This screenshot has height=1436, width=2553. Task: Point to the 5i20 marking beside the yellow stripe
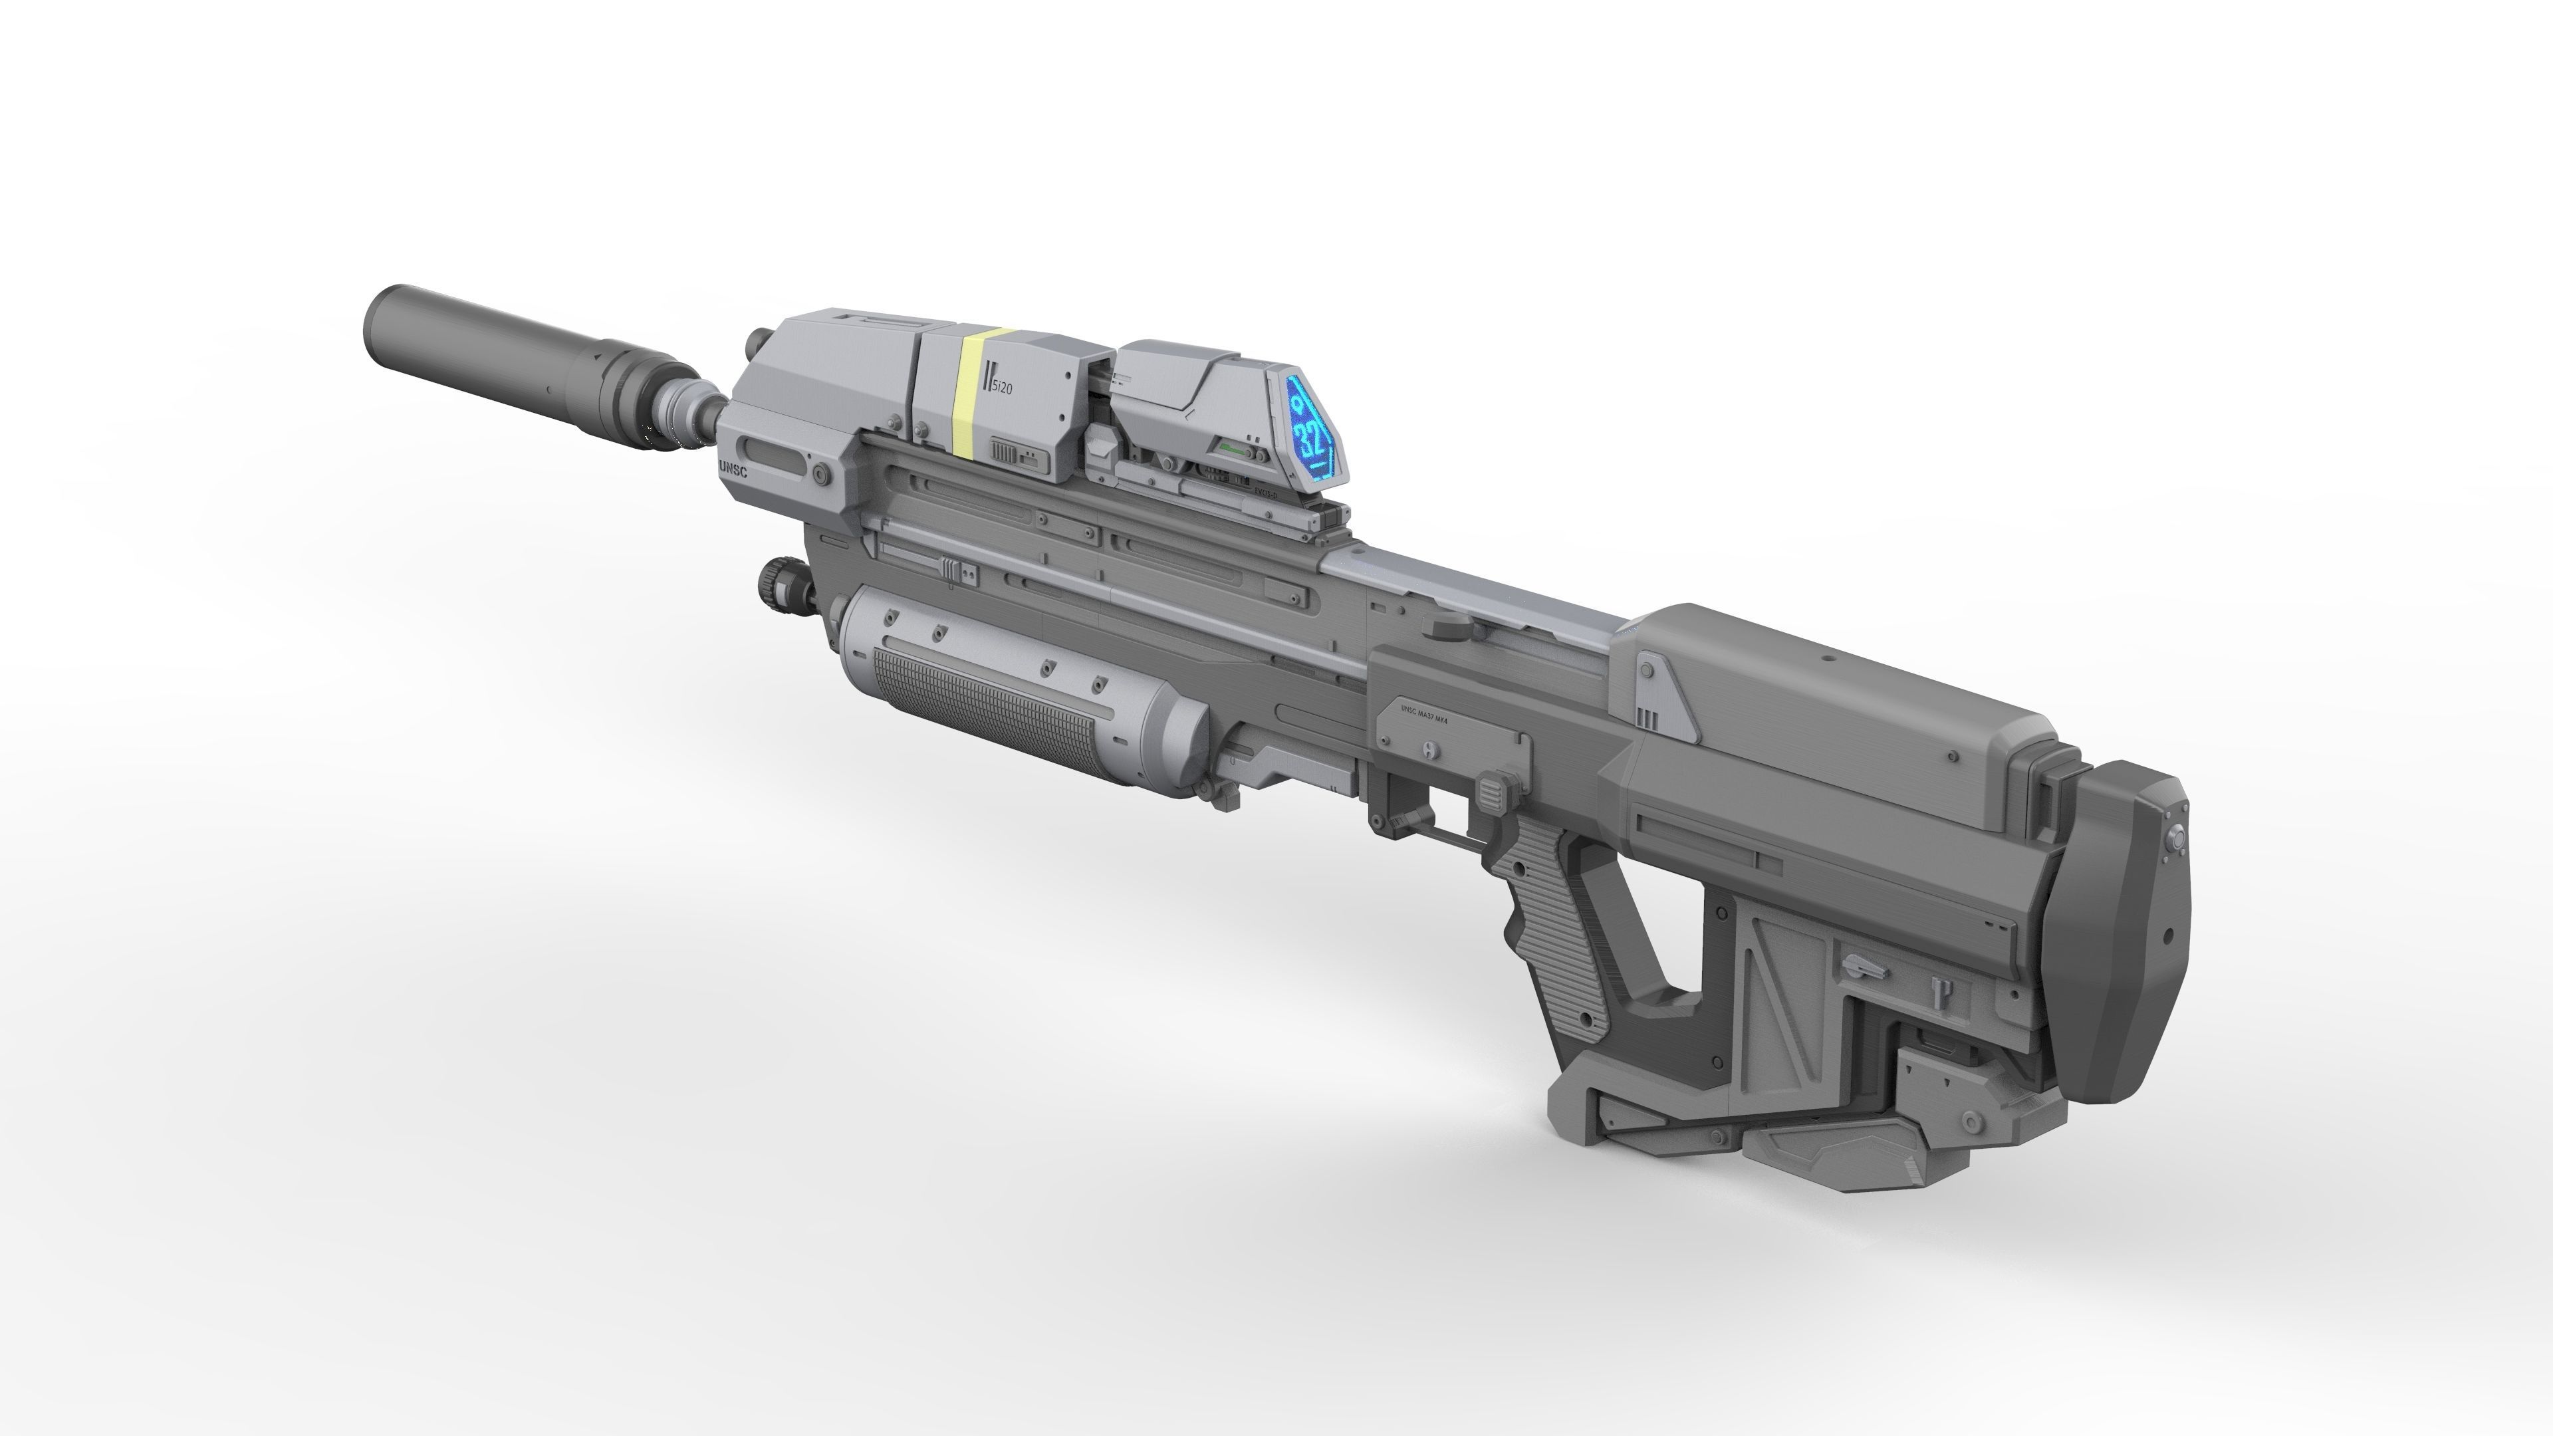[998, 388]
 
